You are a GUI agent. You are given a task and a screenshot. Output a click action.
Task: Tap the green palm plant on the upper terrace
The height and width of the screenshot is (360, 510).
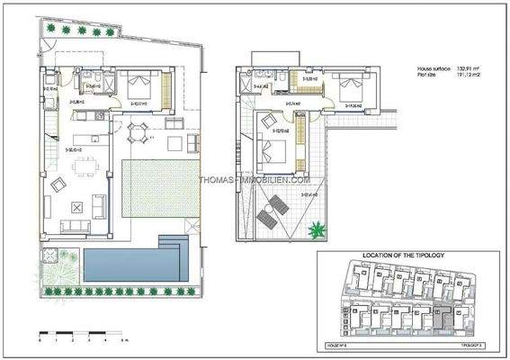[315, 230]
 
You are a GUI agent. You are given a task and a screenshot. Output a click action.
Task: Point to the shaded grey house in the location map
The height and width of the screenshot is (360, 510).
[441, 316]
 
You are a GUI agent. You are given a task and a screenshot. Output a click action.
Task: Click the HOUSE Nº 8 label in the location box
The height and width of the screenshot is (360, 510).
[336, 344]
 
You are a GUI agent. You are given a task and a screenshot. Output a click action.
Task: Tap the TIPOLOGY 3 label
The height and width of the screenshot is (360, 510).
[472, 344]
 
